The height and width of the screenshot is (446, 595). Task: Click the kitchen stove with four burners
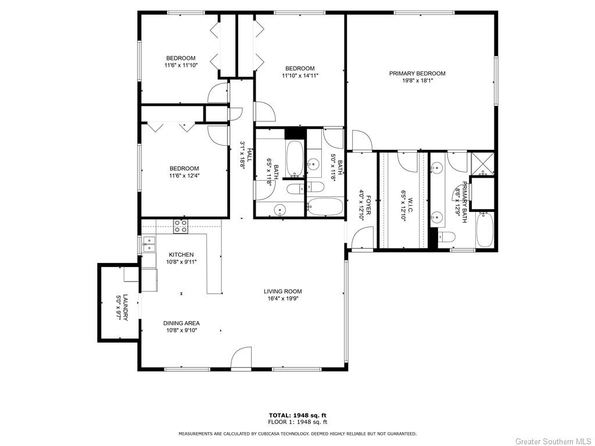[x=181, y=226]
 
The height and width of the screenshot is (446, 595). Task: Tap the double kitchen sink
[x=149, y=244]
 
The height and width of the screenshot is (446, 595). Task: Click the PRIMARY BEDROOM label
[x=417, y=73]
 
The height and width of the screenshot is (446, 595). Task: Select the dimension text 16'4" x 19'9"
[x=282, y=298]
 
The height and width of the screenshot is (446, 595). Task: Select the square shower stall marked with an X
[x=482, y=163]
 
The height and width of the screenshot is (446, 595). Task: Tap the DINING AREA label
[x=181, y=323]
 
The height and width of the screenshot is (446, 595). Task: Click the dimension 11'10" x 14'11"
[x=300, y=75]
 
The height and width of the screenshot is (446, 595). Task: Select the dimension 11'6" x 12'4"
[x=184, y=175]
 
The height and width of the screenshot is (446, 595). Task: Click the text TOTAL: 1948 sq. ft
[x=297, y=415]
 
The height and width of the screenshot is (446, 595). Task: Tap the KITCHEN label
[x=181, y=254]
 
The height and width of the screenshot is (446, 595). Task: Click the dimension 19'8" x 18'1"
[x=417, y=81]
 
